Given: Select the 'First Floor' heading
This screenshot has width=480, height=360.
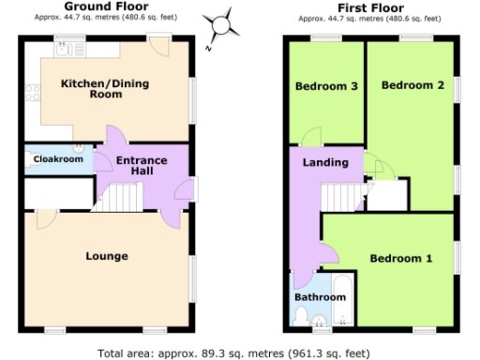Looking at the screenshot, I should point(372,7).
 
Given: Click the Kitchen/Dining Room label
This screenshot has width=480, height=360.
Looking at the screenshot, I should point(105,89).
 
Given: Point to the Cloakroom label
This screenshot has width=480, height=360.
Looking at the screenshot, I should point(57,159).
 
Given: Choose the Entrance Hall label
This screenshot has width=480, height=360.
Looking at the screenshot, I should point(141,166).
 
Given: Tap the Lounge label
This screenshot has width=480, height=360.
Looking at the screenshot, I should point(106,256).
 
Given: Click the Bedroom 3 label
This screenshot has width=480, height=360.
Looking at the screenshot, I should point(326,86).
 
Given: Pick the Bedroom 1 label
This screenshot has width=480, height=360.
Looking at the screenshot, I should point(400,259).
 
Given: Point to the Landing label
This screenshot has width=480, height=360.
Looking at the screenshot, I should point(325,162).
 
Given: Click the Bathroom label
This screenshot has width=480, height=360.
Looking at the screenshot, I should point(321,297).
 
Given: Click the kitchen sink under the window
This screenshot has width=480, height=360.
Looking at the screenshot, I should point(67,49).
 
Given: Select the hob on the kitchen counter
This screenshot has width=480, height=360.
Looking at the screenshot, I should point(31,92).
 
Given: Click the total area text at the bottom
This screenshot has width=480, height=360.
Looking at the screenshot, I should point(240,353).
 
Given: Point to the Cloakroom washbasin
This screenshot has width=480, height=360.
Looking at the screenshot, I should point(80,147).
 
